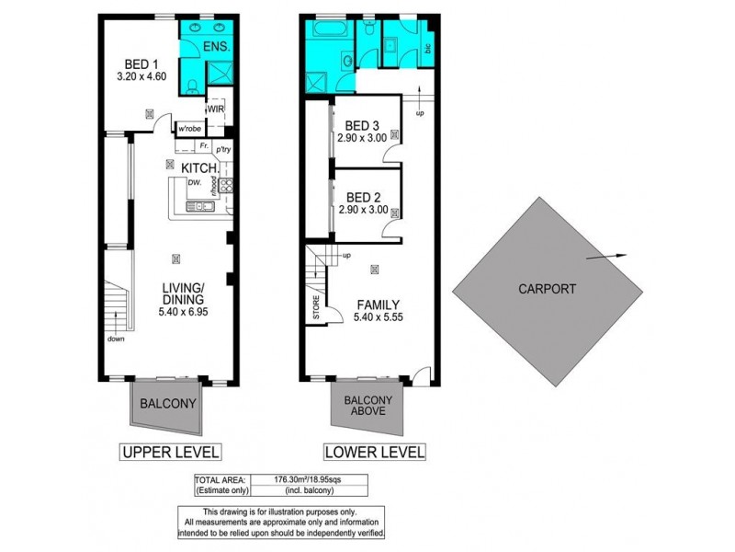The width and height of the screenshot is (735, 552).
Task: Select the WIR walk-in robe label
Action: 216,109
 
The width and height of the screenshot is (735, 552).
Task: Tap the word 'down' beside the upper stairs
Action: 116,339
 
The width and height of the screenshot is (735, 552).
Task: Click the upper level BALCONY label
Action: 166,403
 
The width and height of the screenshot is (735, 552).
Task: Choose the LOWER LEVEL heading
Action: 373,452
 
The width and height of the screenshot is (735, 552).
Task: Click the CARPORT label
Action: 547,288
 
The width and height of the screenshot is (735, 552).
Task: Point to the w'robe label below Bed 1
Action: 190,128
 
